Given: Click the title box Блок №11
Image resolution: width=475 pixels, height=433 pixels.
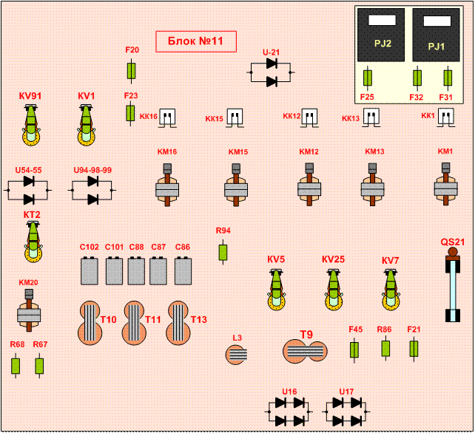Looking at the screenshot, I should point(195,42).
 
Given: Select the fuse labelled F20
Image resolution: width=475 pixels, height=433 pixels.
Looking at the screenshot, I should point(132,71).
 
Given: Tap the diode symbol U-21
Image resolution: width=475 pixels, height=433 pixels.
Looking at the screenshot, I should point(271,72).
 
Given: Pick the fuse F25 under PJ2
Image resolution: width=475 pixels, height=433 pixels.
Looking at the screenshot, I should point(368,78).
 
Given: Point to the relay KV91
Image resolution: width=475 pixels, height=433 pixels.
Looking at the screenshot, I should point(31,125).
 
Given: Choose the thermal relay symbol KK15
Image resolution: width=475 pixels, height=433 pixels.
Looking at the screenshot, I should point(235,117).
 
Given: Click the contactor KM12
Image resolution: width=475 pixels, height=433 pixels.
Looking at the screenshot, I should point(309,185).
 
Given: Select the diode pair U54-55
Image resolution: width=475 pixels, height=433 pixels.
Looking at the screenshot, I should point(29,190).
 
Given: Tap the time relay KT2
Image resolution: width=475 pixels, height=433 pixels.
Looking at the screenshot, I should point(33,241).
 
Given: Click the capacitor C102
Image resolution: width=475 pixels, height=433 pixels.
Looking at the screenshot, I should point(90,270).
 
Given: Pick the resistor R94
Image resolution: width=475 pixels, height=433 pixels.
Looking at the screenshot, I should point(223,252).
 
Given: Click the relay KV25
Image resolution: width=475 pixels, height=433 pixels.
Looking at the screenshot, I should point(333,288).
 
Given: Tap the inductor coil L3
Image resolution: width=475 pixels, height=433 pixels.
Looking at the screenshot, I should point(236,355).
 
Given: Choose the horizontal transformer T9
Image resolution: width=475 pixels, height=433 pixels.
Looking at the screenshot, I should point(304,350).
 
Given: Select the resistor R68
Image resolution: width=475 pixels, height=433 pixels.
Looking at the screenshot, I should point(16,365).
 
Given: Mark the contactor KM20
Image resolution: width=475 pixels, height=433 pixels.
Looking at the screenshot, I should point(29,311).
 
